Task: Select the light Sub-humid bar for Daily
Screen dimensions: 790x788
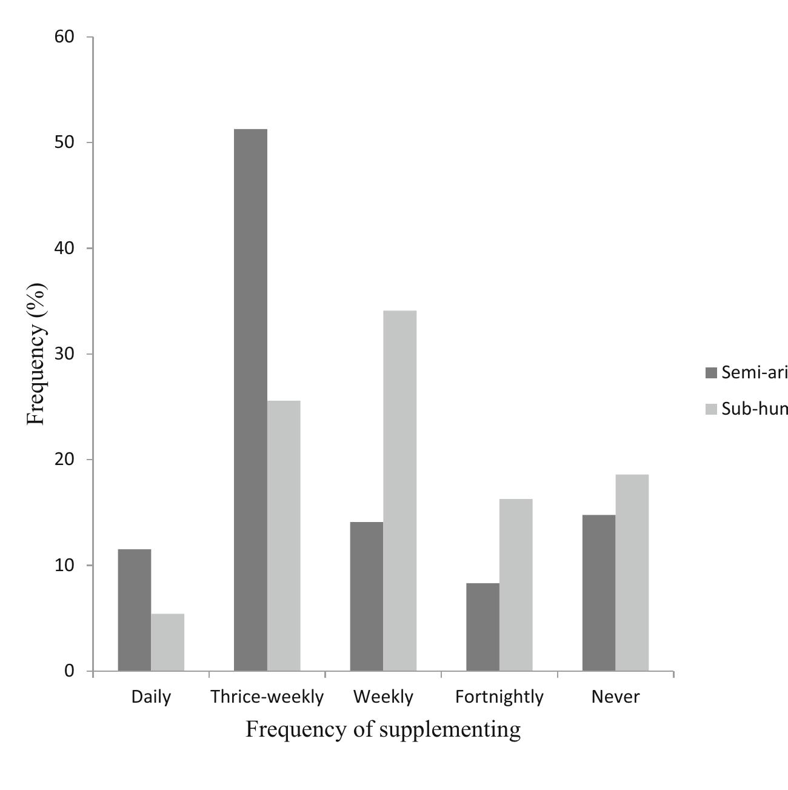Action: point(167,642)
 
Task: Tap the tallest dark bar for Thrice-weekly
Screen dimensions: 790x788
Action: point(250,400)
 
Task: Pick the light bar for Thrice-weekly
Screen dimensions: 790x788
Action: point(284,536)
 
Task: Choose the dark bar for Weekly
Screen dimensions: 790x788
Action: point(367,597)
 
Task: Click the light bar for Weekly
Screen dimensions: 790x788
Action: point(400,491)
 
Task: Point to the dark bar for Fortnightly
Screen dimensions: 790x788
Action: point(482,627)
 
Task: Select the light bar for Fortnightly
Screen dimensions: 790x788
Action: point(516,585)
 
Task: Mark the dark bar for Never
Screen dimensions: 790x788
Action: point(599,593)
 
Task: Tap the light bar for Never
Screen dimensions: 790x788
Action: point(632,573)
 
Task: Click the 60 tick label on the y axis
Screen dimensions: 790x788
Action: point(64,37)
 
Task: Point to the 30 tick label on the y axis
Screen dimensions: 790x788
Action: point(64,354)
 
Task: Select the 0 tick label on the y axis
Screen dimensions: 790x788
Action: point(69,671)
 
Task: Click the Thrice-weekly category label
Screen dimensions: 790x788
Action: point(267,697)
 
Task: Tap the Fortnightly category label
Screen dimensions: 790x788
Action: point(499,697)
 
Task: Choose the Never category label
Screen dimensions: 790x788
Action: point(615,697)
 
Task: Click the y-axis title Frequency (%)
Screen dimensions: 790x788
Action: point(36,354)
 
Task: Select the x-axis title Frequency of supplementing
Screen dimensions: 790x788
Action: point(383,729)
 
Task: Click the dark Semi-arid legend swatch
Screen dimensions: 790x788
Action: point(711,373)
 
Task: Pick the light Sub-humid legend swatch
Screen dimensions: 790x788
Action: point(711,409)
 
